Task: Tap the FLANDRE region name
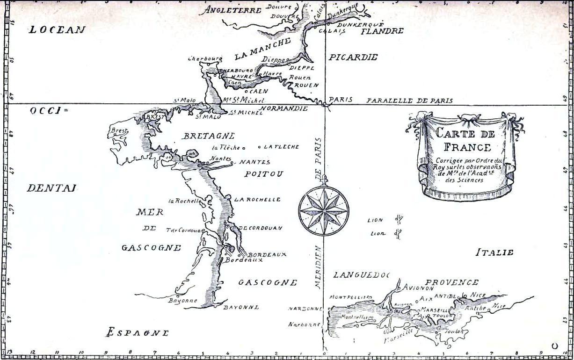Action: tap(382, 31)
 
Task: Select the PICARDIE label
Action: tap(353, 58)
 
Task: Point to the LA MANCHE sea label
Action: tap(262, 49)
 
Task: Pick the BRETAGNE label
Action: tap(209, 136)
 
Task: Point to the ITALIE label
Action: tap(494, 252)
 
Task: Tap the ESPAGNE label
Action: tap(137, 332)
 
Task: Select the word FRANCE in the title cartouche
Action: tap(467, 147)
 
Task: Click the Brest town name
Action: tap(119, 131)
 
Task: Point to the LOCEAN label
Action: tap(57, 30)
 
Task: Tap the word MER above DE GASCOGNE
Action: tap(150, 212)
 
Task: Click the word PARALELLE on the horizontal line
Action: tap(389, 101)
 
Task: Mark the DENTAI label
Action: tap(51, 188)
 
